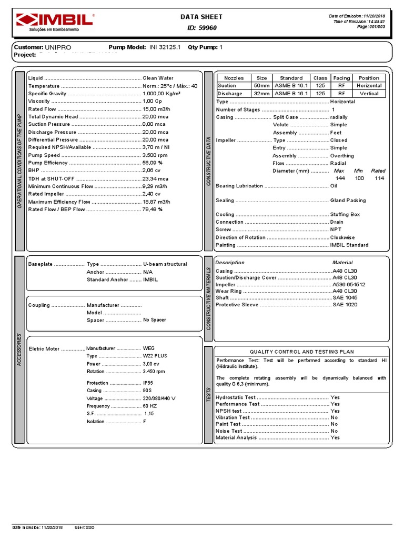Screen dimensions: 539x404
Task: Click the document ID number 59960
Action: (207, 28)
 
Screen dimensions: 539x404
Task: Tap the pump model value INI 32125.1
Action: (165, 47)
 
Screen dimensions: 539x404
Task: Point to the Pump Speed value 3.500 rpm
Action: (155, 155)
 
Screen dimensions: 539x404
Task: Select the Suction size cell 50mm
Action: (261, 86)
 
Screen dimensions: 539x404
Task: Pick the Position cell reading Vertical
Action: (369, 94)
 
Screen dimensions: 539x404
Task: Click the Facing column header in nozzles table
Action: (341, 78)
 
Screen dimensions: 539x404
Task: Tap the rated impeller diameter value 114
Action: (378, 178)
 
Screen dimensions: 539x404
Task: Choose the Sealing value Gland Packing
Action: (348, 201)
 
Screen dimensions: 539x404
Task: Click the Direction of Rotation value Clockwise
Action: (342, 237)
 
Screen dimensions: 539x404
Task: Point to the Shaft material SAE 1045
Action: (345, 298)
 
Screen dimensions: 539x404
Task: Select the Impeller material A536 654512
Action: (349, 284)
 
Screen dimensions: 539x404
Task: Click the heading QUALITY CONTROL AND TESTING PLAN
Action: (302, 352)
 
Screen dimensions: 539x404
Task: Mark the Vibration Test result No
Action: (334, 417)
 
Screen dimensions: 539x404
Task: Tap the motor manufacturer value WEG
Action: (149, 348)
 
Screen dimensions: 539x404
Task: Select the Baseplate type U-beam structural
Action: (165, 264)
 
